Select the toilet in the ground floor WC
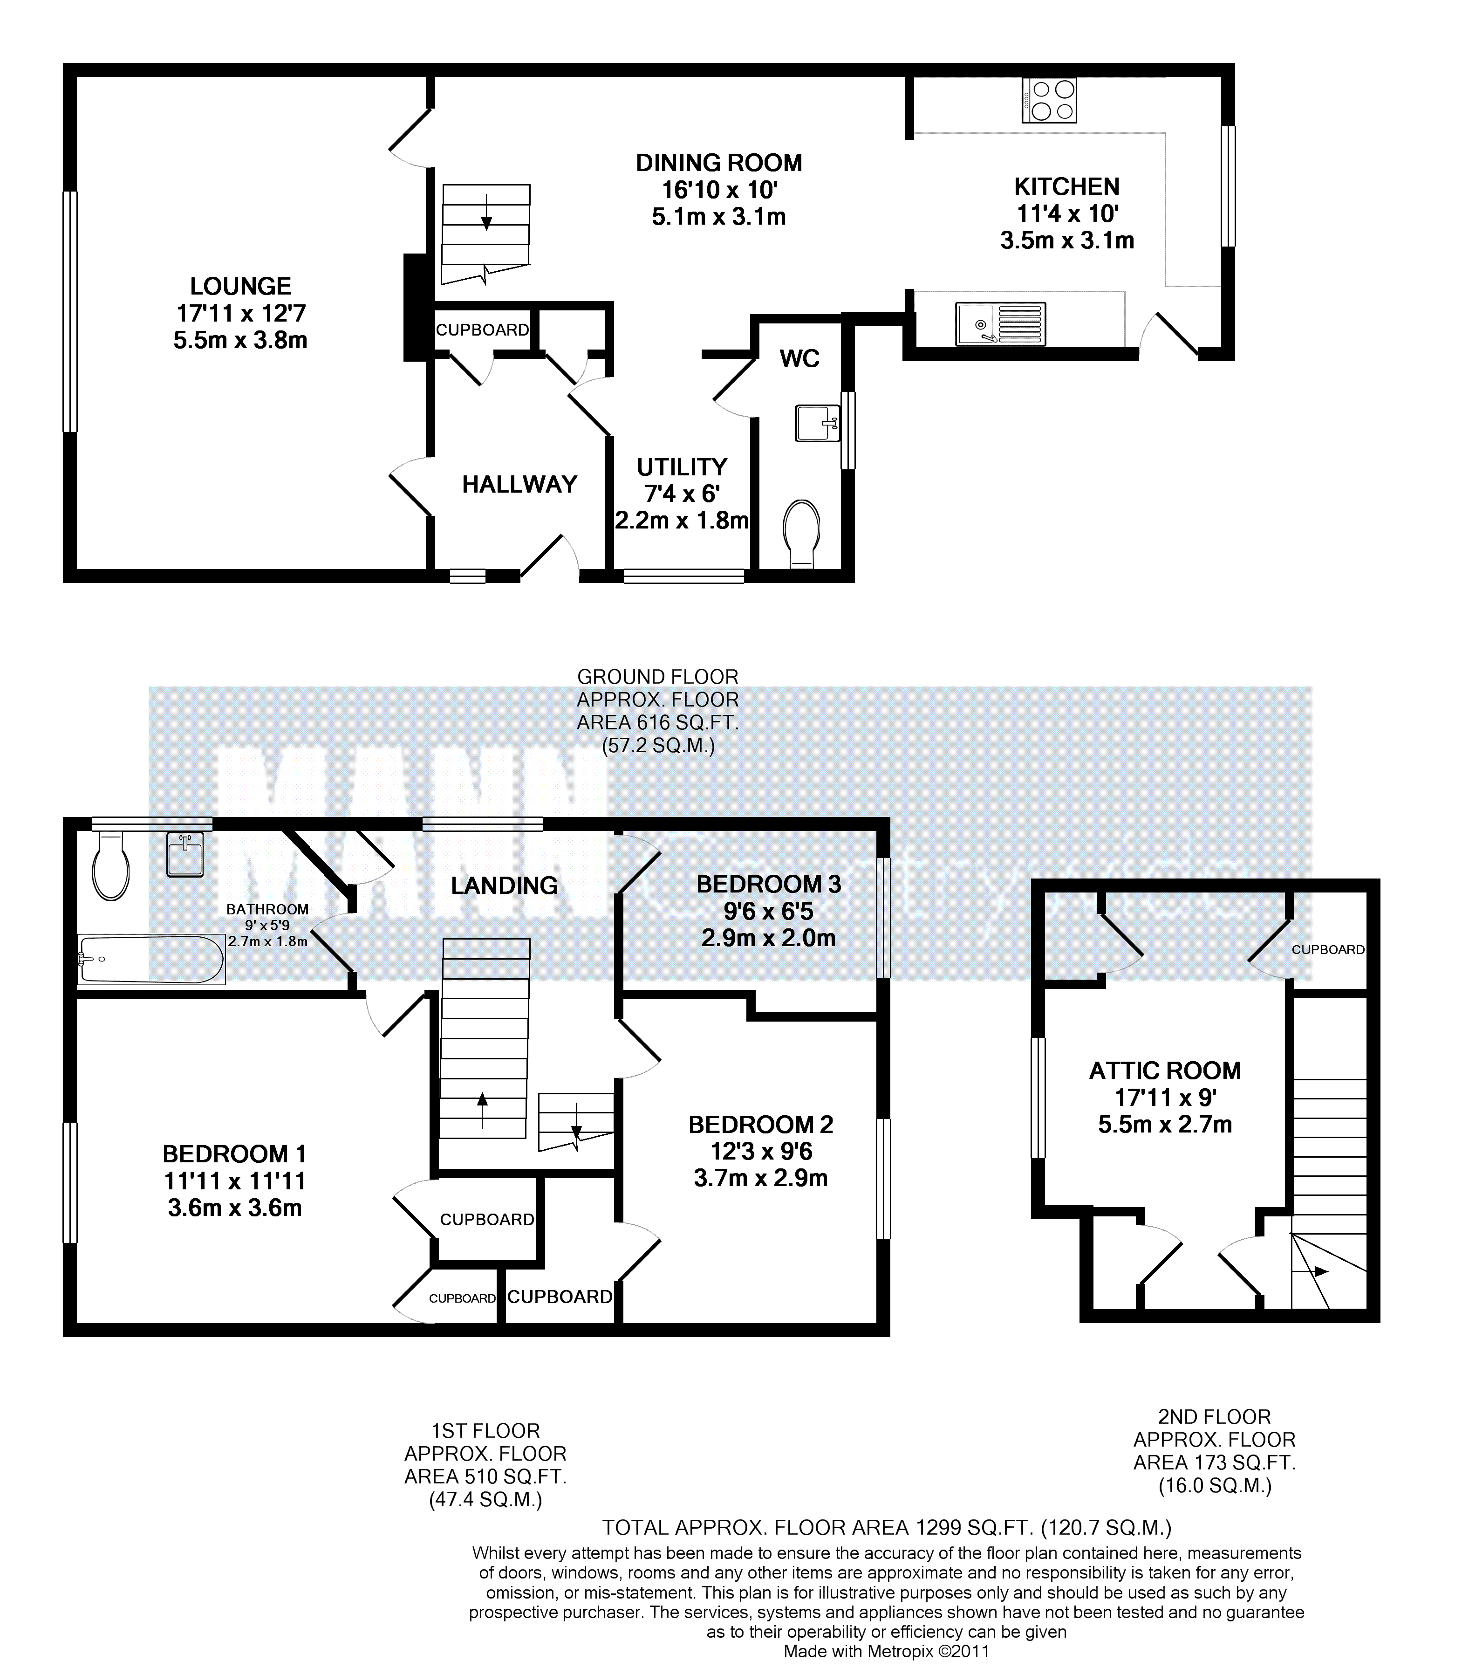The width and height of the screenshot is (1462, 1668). click(801, 534)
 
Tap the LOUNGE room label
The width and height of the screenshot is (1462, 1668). click(241, 287)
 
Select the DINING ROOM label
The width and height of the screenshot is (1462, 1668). click(719, 163)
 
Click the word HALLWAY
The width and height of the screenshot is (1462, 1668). click(519, 485)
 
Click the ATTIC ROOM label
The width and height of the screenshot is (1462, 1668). click(1165, 1071)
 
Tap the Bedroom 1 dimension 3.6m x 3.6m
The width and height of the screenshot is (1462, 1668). click(235, 1208)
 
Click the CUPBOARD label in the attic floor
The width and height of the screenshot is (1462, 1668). click(1328, 950)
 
